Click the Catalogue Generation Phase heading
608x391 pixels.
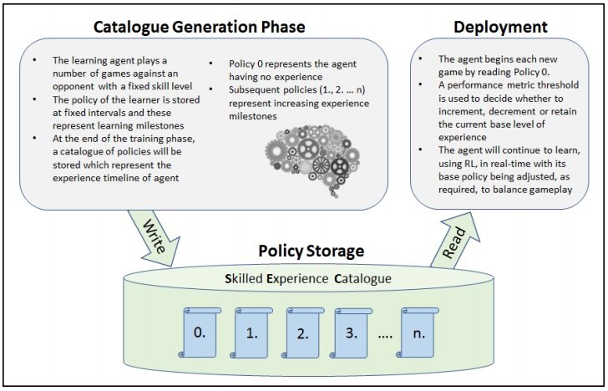pyautogui.click(x=200, y=27)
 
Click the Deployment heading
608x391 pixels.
pyautogui.click(x=500, y=27)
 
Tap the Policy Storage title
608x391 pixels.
pyautogui.click(x=312, y=251)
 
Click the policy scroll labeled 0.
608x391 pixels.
pyautogui.click(x=200, y=333)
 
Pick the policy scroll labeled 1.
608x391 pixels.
pyautogui.click(x=251, y=333)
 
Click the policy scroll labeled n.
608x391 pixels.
pyautogui.click(x=418, y=333)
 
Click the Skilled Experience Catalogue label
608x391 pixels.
pyautogui.click(x=308, y=278)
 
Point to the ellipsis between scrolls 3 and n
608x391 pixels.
pyautogui.click(x=385, y=336)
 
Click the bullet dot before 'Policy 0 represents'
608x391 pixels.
pyautogui.click(x=211, y=63)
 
